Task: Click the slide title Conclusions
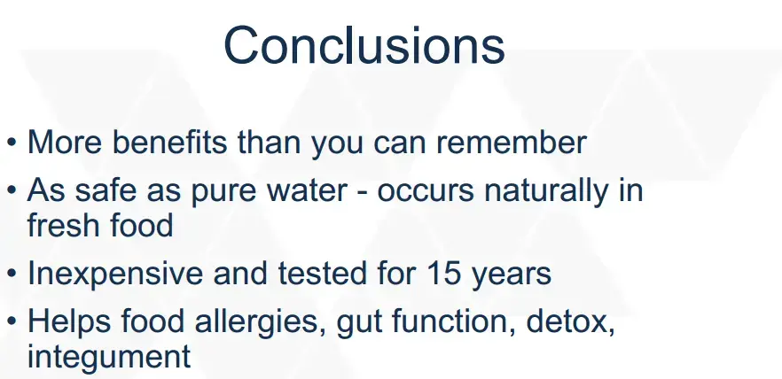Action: (x=364, y=45)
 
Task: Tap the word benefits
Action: (x=169, y=142)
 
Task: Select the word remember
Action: (x=512, y=142)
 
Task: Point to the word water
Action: (x=307, y=189)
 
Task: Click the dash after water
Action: (x=362, y=193)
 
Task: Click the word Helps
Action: (x=69, y=322)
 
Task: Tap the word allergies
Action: (x=257, y=322)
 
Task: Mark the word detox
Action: (x=571, y=322)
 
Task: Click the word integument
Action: (x=109, y=357)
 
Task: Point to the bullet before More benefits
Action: (x=12, y=143)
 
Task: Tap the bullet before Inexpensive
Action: (x=12, y=275)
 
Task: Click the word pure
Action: (x=224, y=192)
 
